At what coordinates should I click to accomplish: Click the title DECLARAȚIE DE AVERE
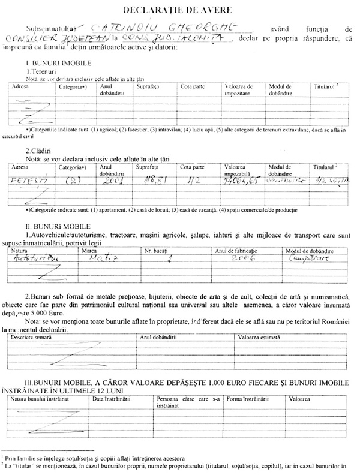(x=179, y=10)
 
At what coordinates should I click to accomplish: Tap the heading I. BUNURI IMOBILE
(x=58, y=63)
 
